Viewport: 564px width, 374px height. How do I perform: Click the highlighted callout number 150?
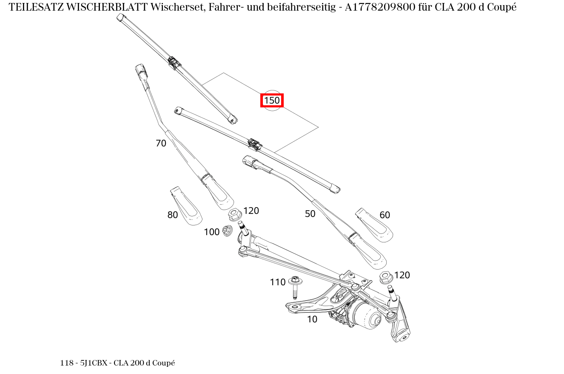click(272, 101)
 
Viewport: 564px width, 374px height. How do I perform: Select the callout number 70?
click(161, 143)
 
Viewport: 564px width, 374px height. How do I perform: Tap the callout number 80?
click(172, 215)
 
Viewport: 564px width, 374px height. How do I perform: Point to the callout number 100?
click(211, 232)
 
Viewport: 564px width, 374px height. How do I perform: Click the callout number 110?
click(277, 282)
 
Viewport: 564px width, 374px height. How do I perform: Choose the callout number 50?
click(310, 214)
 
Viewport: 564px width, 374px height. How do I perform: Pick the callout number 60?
click(385, 215)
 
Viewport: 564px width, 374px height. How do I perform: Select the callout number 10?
click(312, 319)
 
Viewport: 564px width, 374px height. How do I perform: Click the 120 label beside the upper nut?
click(251, 211)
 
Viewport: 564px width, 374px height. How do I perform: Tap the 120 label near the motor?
click(402, 275)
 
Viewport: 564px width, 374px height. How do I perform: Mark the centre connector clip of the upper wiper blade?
click(174, 62)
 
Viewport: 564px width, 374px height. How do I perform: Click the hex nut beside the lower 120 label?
click(385, 278)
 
